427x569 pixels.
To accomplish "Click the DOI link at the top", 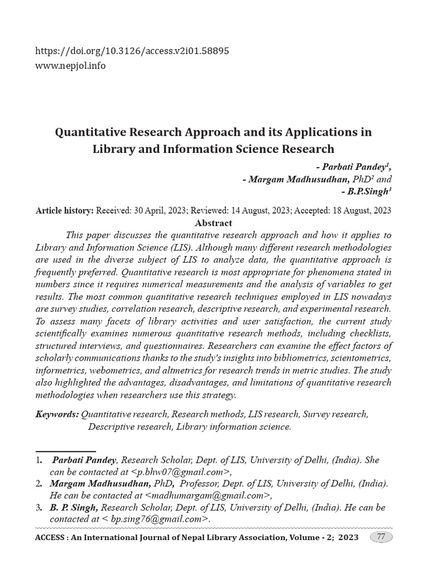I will (132, 51).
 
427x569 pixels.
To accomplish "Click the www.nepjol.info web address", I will (70, 66).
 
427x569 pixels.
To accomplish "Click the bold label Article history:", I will (64, 211).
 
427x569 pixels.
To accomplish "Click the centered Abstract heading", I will (213, 223).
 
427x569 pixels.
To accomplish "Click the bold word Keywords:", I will (57, 415).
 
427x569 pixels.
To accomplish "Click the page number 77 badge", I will (381, 537).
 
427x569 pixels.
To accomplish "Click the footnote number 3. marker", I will (39, 507).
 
